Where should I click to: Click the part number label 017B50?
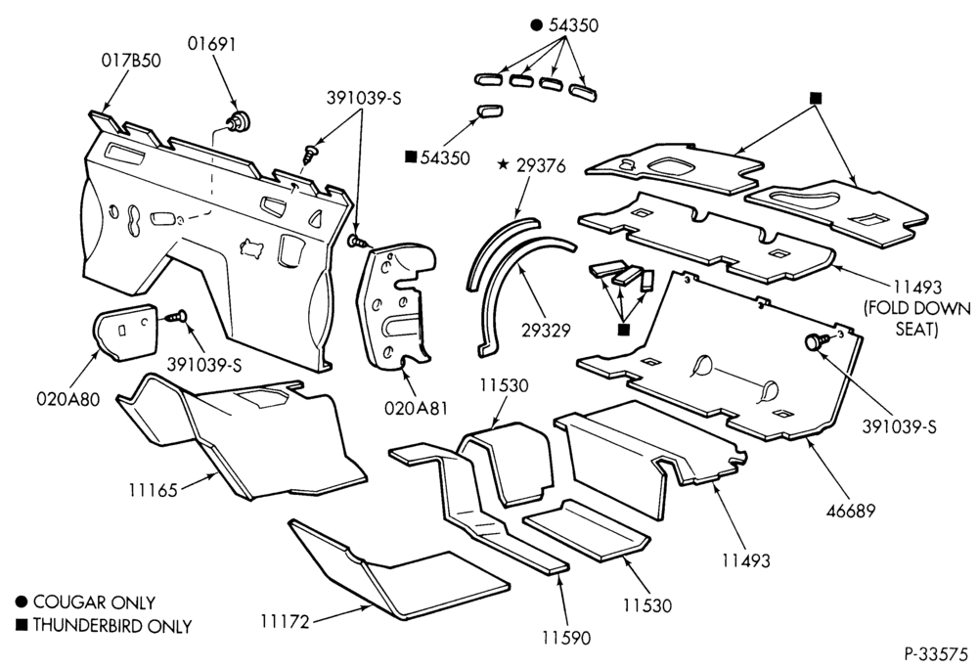pyautogui.click(x=131, y=61)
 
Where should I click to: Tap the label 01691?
pyautogui.click(x=212, y=44)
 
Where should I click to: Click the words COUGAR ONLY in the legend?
pyautogui.click(x=94, y=602)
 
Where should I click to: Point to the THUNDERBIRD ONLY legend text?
pyautogui.click(x=112, y=625)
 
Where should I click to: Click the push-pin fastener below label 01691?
pyautogui.click(x=239, y=121)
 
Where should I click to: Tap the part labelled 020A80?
pyautogui.click(x=125, y=333)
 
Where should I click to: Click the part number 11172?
pyautogui.click(x=285, y=621)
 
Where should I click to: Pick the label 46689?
pyautogui.click(x=851, y=510)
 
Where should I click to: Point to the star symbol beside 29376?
pyautogui.click(x=503, y=164)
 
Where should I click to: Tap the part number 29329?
pyautogui.click(x=547, y=330)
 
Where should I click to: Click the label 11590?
pyautogui.click(x=565, y=638)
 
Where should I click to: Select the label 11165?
pyautogui.click(x=154, y=489)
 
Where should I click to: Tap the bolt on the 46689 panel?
pyautogui.click(x=817, y=341)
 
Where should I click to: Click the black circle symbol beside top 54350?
pyautogui.click(x=536, y=24)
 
